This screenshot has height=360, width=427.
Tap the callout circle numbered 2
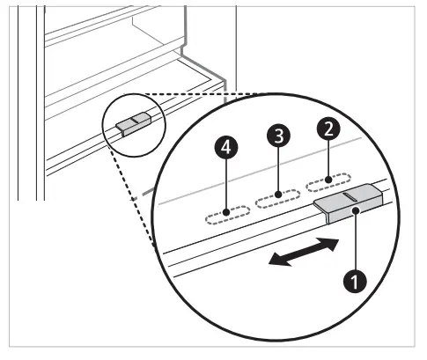[328, 129]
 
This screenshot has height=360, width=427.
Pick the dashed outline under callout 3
[277, 199]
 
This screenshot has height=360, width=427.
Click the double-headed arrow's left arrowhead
[272, 259]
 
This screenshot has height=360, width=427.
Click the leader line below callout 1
[355, 242]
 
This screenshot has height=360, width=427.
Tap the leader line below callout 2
[328, 158]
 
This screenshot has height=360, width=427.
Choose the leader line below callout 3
[278, 170]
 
